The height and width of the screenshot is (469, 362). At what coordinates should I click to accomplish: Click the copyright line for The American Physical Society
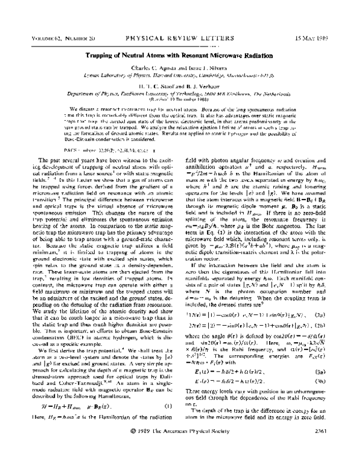[x=180, y=448]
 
